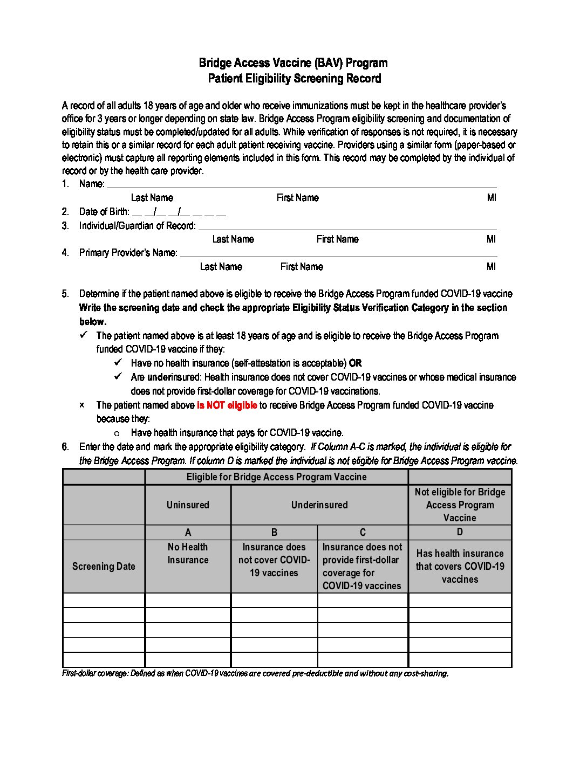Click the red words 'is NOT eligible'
pos(227,405)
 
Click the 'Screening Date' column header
pos(104,566)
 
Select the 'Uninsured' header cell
pos(188,505)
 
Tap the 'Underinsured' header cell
pos(319,505)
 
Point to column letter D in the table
pos(460,532)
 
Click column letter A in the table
pos(188,533)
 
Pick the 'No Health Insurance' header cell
pos(188,554)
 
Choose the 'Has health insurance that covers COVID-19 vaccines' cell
pos(460,567)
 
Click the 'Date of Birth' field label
pos(104,212)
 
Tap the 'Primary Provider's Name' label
pos(128,253)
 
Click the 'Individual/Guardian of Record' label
pos(137,226)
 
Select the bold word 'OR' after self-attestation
pos(355,363)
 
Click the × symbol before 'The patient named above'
pos(82,405)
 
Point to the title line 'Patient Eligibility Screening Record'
pos(295,79)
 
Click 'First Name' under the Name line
pos(297,198)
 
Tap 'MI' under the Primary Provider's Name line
pos(491,267)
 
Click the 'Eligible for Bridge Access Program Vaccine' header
pos(276,477)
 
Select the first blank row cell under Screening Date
pos(104,601)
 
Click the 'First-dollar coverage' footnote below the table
pos(255,674)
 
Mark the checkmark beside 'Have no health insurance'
pos(118,363)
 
